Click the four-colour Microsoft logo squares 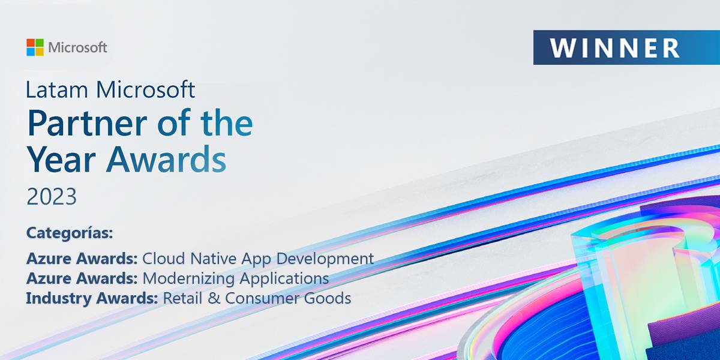tap(35, 47)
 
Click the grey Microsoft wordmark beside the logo tap(77, 47)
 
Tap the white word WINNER tap(614, 48)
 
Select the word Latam tap(56, 89)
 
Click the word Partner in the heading tap(88, 123)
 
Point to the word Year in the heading tap(61, 160)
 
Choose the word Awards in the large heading tap(166, 160)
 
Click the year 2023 tap(52, 196)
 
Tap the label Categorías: tap(70, 233)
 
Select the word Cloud tap(164, 258)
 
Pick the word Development tap(325, 259)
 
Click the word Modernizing tap(188, 278)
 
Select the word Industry tap(59, 298)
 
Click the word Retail tap(182, 298)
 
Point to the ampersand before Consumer tap(214, 298)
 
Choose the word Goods tap(327, 298)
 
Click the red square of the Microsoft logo tap(31, 43)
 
